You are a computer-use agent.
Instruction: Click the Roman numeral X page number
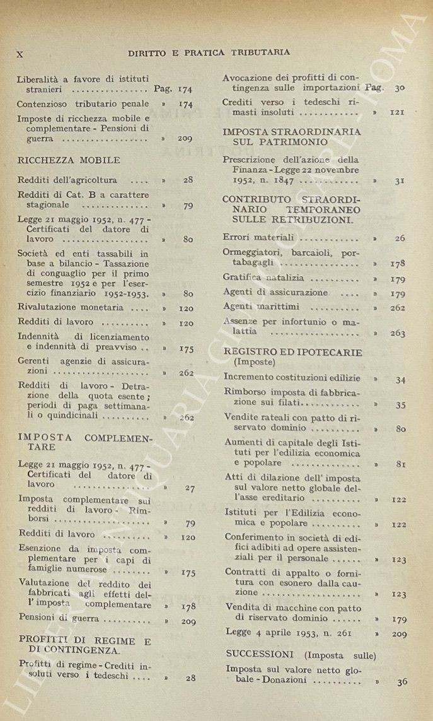pos(20,54)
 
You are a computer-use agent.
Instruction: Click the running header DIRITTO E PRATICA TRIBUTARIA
pos(209,52)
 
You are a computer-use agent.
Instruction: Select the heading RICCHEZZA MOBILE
pos(69,160)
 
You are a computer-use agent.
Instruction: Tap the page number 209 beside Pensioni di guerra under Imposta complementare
pos(188,621)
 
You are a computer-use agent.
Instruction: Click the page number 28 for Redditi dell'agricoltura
pos(188,180)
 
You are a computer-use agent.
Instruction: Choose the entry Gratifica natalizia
pos(263,278)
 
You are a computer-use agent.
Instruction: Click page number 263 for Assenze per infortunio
pos(398,333)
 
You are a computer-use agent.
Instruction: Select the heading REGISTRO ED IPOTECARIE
pos(292,352)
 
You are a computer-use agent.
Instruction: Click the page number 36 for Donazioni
pos(402,681)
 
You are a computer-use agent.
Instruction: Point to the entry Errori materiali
pos(259,238)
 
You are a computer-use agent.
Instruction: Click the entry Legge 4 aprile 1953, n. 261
pos(281,632)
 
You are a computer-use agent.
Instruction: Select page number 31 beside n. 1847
pos(400,181)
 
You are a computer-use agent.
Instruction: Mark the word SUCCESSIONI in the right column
pos(255,654)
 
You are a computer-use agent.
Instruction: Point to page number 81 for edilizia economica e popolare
pos(400,465)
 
